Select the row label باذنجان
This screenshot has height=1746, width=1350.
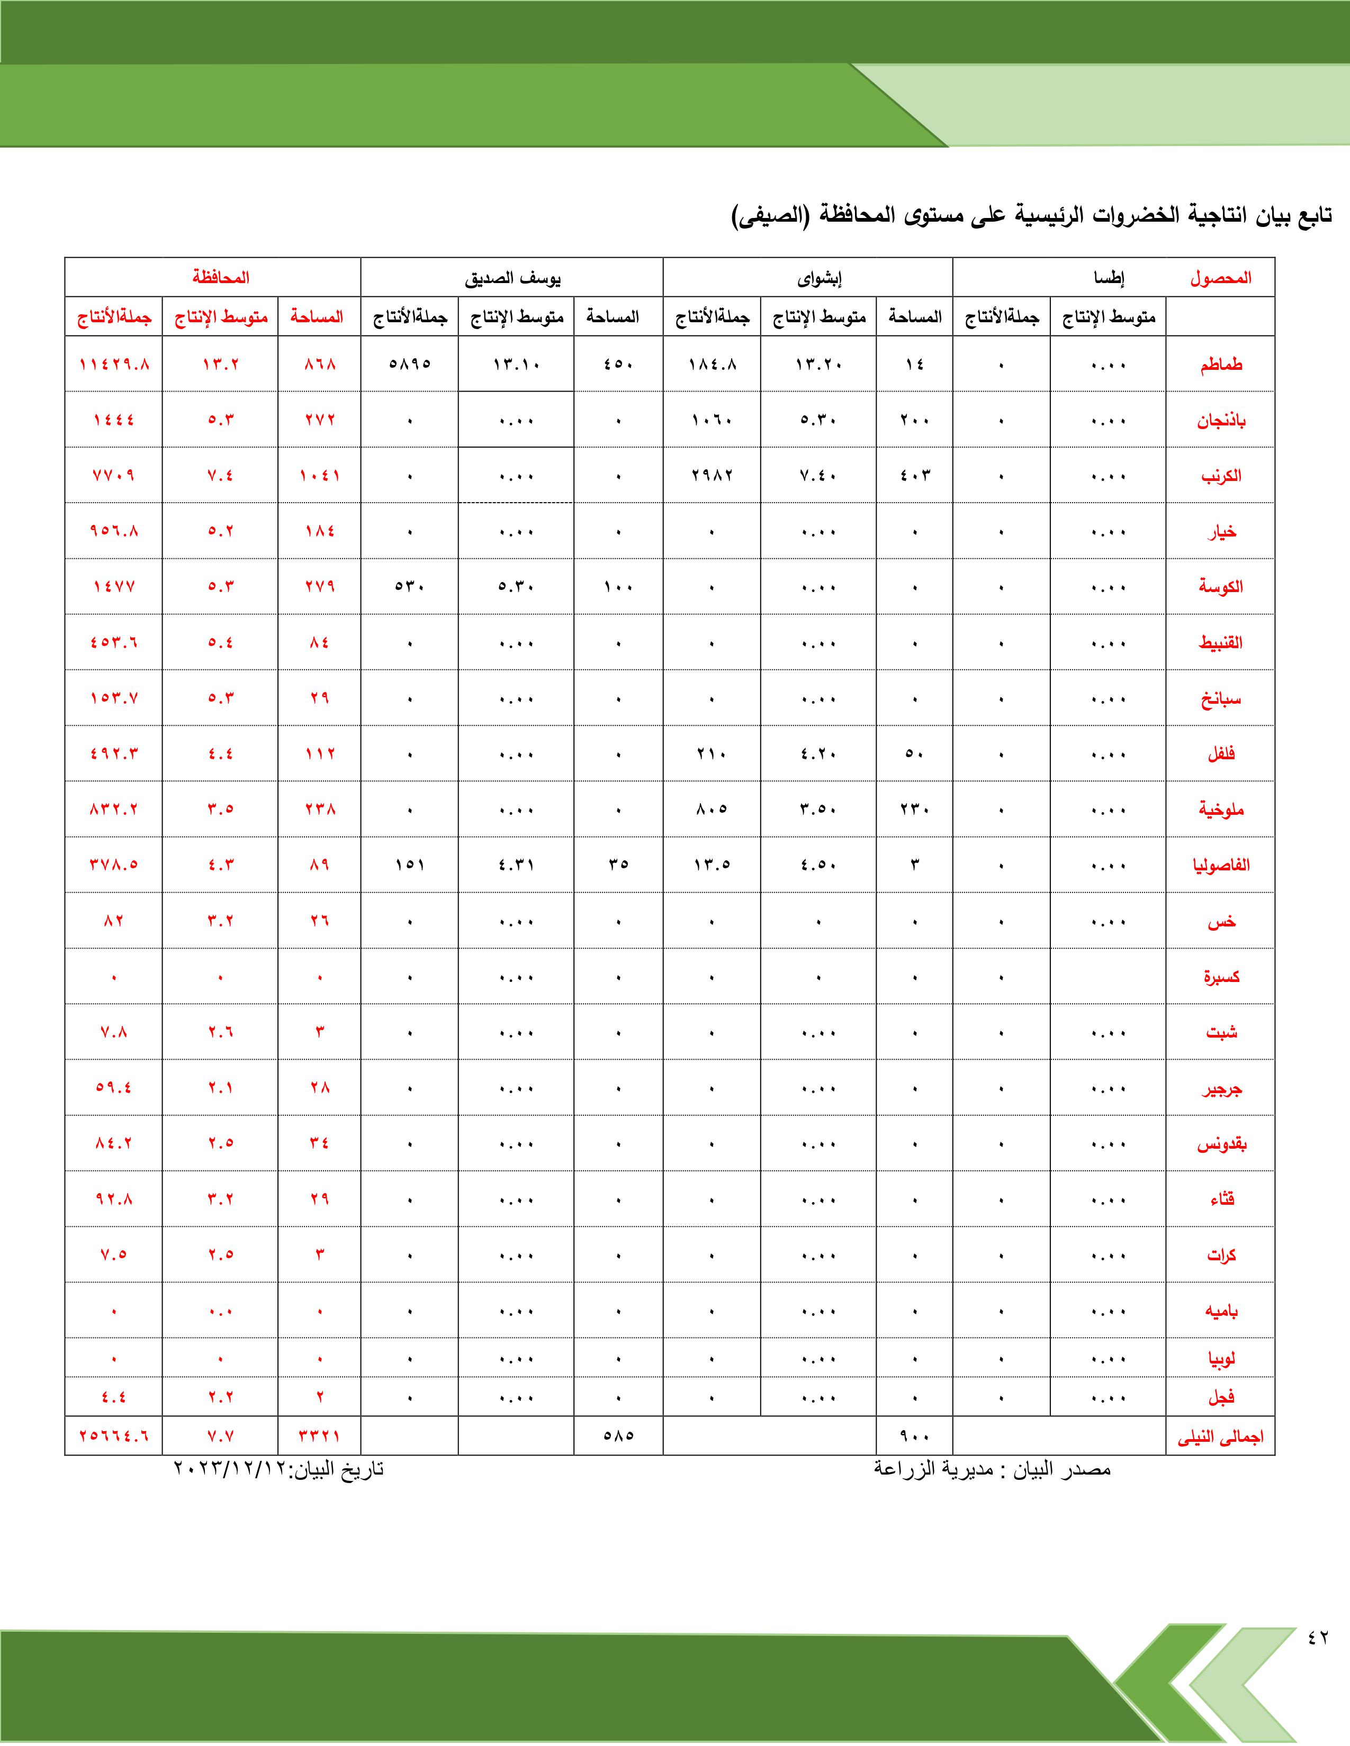point(1220,421)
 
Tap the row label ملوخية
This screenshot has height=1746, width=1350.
point(1220,810)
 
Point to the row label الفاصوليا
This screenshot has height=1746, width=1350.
point(1220,865)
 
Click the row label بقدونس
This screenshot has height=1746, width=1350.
point(1220,1144)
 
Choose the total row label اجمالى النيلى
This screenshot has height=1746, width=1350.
point(1220,1436)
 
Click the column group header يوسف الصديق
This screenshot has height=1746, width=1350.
point(512,278)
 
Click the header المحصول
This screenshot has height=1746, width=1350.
point(1220,278)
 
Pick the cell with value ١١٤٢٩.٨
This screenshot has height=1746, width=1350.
point(114,365)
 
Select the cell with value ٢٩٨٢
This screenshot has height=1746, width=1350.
point(712,476)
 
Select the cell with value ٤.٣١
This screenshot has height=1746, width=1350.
point(516,865)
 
